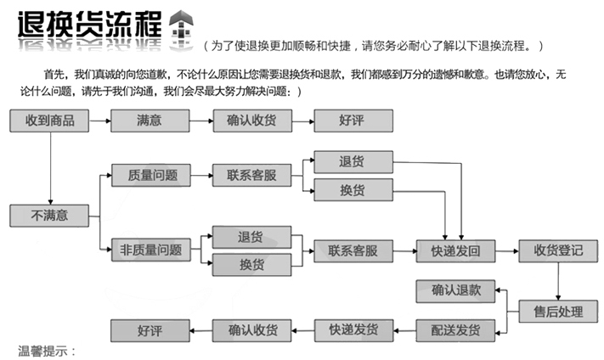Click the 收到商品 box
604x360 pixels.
50,121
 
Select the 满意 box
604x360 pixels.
150,121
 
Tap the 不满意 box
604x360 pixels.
50,216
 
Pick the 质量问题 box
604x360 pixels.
150,175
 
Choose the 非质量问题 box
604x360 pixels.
150,250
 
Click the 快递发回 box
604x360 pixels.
456,250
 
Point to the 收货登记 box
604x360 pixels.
558,250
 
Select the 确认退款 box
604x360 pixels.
456,290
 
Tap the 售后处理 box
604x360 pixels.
558,311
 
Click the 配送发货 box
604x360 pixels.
456,329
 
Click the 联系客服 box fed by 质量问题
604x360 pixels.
251,175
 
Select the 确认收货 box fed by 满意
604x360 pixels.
251,121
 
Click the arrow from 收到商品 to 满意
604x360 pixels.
99,121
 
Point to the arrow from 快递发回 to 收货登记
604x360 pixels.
507,250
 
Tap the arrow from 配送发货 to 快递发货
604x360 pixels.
405,329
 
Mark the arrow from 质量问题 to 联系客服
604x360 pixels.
200,175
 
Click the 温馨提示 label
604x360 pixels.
48,351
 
